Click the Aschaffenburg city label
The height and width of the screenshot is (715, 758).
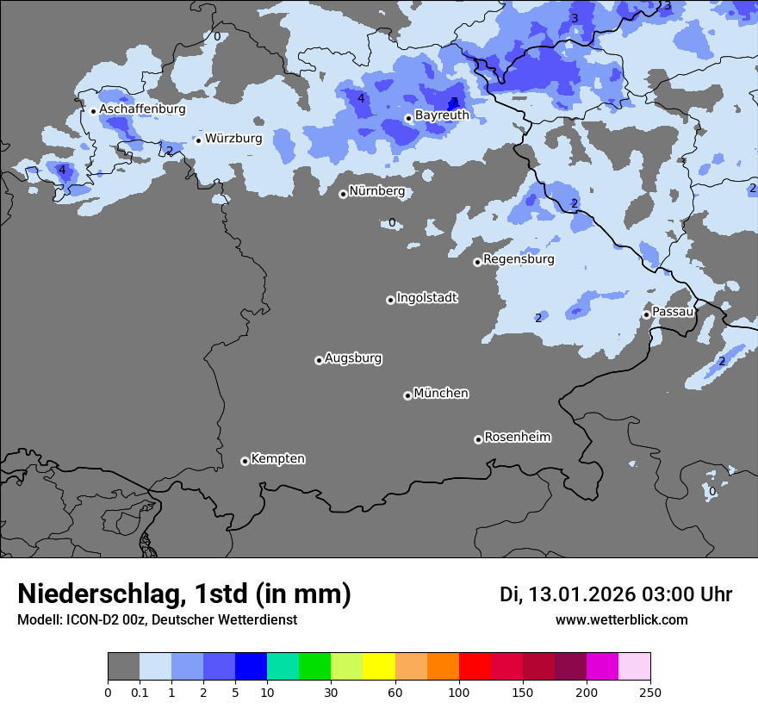click(142, 109)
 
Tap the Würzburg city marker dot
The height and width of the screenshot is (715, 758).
click(198, 140)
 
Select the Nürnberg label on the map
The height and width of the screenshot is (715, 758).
click(376, 191)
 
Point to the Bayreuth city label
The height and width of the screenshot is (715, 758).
click(442, 115)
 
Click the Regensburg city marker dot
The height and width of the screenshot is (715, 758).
click(477, 262)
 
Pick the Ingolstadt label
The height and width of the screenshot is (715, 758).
click(426, 297)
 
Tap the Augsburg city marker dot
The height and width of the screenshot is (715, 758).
click(319, 360)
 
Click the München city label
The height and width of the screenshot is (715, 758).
click(441, 393)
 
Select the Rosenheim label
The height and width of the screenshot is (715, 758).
click(517, 437)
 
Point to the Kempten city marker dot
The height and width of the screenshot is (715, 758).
click(245, 461)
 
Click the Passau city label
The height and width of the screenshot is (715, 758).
click(673, 311)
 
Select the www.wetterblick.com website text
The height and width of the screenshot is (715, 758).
click(621, 619)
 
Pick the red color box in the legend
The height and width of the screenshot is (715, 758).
click(475, 667)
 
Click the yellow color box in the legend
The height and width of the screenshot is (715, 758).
click(379, 667)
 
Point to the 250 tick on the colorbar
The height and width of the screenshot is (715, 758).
click(650, 692)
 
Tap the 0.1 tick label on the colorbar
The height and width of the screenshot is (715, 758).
click(140, 692)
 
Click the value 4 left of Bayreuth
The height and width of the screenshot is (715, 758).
click(361, 99)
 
